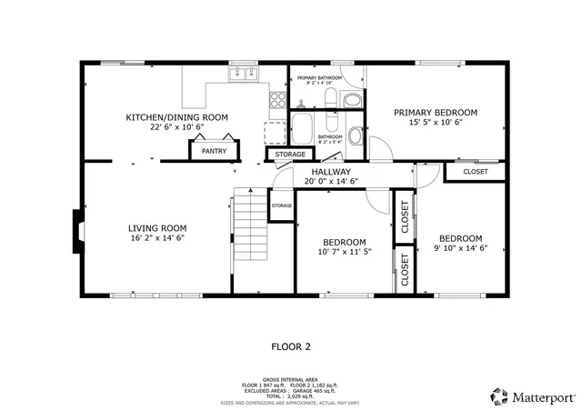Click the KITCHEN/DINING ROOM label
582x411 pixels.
click(x=176, y=117)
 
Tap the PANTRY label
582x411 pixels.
click(x=215, y=151)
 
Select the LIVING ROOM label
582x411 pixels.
click(x=156, y=228)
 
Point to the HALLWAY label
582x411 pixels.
click(x=332, y=171)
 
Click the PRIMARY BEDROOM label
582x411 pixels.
click(x=435, y=113)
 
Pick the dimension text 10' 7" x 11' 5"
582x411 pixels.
click(x=345, y=253)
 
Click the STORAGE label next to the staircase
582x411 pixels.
click(x=281, y=205)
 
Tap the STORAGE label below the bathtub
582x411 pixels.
click(x=291, y=155)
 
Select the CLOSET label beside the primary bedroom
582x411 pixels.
click(x=475, y=171)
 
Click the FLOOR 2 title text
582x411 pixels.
click(x=291, y=346)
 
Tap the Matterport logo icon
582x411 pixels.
click(x=497, y=396)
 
